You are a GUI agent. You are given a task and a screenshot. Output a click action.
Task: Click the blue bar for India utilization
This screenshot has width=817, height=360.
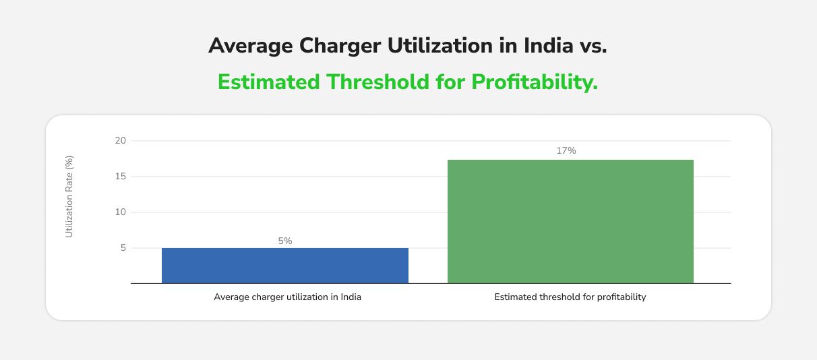click(x=284, y=266)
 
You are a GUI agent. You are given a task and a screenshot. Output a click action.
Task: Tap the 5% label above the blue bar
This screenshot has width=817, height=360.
click(x=284, y=241)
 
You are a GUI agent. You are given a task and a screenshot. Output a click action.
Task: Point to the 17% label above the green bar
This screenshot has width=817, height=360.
click(x=566, y=151)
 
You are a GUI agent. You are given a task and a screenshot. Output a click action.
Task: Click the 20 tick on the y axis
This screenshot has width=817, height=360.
click(x=120, y=141)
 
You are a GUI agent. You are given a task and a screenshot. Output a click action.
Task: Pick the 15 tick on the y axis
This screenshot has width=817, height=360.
click(x=120, y=177)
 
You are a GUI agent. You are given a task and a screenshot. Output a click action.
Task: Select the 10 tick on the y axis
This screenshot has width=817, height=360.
click(x=120, y=212)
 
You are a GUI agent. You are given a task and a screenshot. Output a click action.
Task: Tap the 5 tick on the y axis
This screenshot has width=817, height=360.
click(x=123, y=248)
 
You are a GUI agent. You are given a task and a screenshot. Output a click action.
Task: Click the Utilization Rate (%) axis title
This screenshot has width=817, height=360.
click(x=69, y=196)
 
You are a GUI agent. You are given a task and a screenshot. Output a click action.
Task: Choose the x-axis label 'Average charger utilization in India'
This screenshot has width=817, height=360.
click(x=287, y=297)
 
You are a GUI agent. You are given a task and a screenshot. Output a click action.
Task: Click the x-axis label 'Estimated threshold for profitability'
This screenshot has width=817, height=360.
click(x=570, y=297)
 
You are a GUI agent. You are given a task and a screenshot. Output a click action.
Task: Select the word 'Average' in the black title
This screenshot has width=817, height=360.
click(x=251, y=46)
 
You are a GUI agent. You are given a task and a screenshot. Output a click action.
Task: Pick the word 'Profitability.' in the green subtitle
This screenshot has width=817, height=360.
click(x=535, y=82)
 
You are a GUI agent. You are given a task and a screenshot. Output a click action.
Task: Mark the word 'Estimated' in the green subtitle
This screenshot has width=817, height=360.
click(x=269, y=82)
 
